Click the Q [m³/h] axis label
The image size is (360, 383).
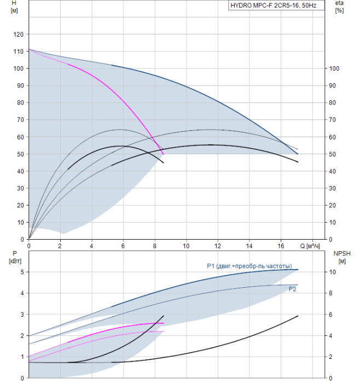310,246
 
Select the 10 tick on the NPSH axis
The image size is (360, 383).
332,272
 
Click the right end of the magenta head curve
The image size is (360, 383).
164,154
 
